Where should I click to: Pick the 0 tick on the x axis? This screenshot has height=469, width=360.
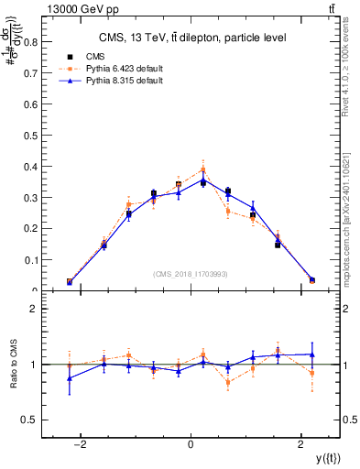(191, 444)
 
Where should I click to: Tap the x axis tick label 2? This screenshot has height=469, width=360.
(301, 444)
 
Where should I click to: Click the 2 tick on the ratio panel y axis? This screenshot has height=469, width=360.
(35, 309)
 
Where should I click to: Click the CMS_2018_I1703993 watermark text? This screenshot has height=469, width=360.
(191, 274)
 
